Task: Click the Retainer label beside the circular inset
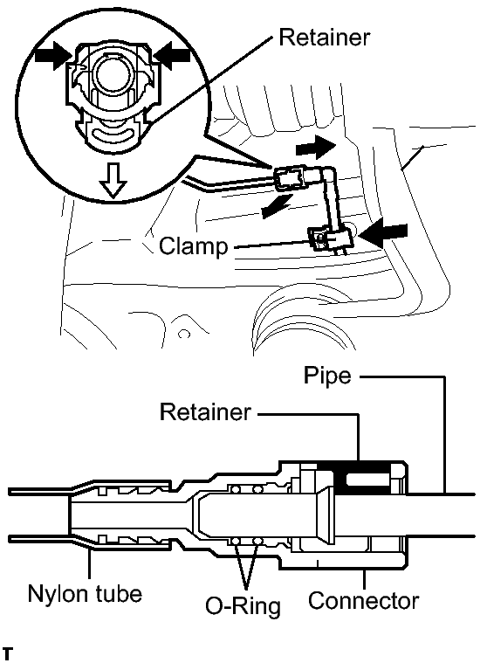click(x=324, y=38)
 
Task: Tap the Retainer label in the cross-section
click(x=205, y=411)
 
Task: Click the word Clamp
click(x=194, y=246)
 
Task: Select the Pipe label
click(x=327, y=376)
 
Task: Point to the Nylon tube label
click(x=85, y=594)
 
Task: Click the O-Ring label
click(x=243, y=606)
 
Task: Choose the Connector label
click(x=363, y=601)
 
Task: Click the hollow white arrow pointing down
click(x=113, y=181)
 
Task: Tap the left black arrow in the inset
click(x=52, y=55)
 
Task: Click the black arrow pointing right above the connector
click(x=316, y=147)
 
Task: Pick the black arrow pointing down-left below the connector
click(x=277, y=206)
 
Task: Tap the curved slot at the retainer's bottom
click(x=113, y=135)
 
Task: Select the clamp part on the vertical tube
click(x=330, y=239)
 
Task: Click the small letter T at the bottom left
click(x=8, y=653)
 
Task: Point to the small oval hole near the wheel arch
click(x=184, y=335)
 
